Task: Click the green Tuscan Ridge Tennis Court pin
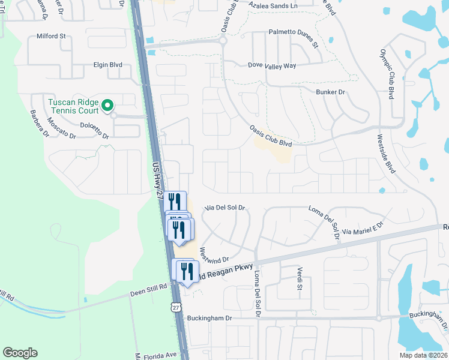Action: (107, 106)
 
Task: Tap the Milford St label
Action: (51, 36)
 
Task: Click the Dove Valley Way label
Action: (272, 65)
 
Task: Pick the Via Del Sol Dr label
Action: (225, 208)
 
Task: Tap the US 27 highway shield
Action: (175, 306)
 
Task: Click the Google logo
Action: (20, 353)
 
